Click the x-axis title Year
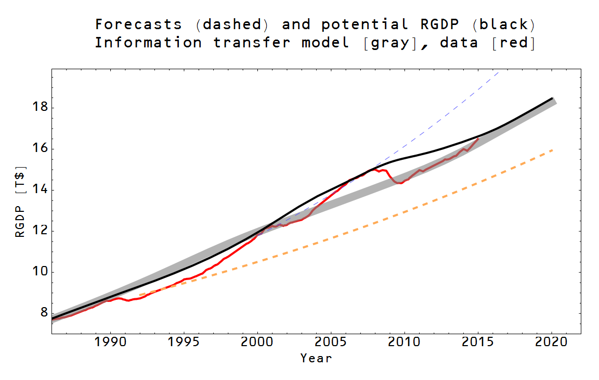tap(316, 358)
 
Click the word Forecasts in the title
tap(138, 24)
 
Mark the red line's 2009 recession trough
tap(400, 183)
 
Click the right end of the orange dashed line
tap(552, 150)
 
